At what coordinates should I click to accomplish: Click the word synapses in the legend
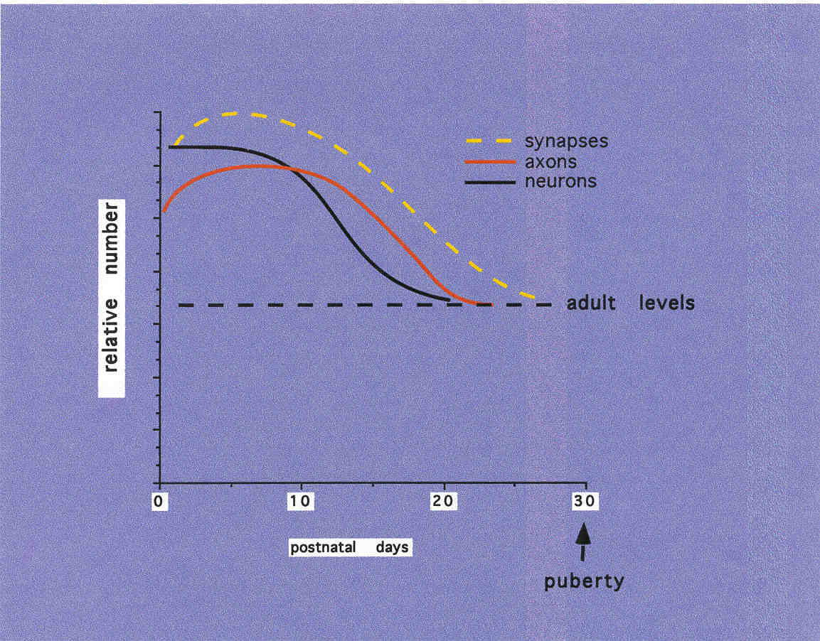point(566,141)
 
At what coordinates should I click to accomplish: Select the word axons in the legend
point(550,161)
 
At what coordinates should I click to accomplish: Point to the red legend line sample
point(489,162)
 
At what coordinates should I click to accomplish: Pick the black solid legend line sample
point(489,182)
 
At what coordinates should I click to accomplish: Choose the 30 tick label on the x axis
point(585,502)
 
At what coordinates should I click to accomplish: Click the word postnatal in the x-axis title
point(319,549)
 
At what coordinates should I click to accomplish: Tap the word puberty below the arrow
point(584,582)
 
